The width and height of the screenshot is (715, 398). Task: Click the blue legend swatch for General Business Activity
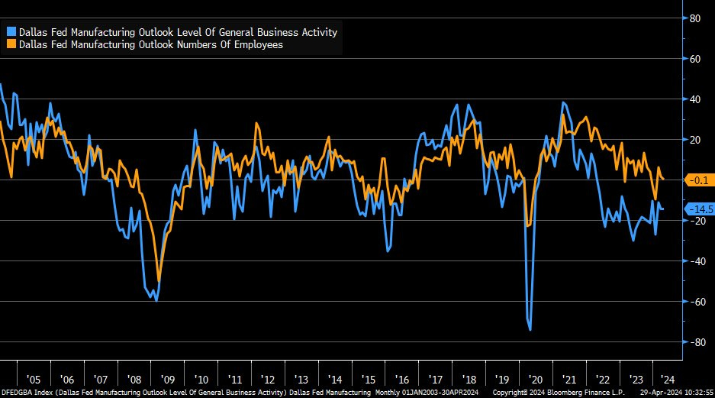(x=11, y=32)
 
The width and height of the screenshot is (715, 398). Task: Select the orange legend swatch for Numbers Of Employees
(x=11, y=44)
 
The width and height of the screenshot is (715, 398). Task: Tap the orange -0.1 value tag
(x=699, y=180)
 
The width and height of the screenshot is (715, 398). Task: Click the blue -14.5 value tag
(x=700, y=209)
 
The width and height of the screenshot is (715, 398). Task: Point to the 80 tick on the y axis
(x=695, y=18)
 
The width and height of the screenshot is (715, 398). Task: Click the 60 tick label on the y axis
(x=695, y=59)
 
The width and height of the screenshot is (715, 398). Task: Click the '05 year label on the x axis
(x=33, y=379)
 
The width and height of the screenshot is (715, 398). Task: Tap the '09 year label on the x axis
(x=168, y=379)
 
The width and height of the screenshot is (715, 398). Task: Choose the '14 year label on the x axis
(x=335, y=379)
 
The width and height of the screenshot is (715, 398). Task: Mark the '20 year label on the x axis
(x=536, y=379)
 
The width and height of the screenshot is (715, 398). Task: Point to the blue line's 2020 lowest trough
(x=530, y=330)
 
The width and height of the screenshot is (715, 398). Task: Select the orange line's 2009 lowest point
(x=159, y=281)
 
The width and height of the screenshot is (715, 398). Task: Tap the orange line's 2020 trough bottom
(x=529, y=226)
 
